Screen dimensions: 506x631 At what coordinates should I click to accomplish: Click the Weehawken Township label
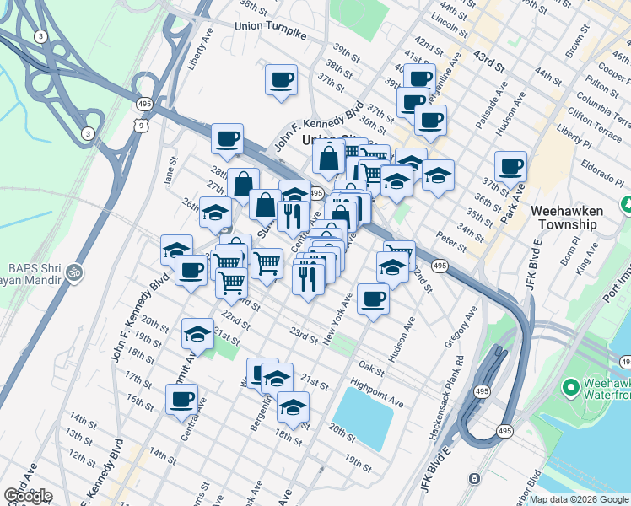(575, 218)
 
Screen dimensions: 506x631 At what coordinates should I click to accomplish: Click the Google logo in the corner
(28, 496)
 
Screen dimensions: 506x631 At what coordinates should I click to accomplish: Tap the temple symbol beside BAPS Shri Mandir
(74, 273)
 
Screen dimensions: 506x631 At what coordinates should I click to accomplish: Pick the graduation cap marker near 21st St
(197, 335)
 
